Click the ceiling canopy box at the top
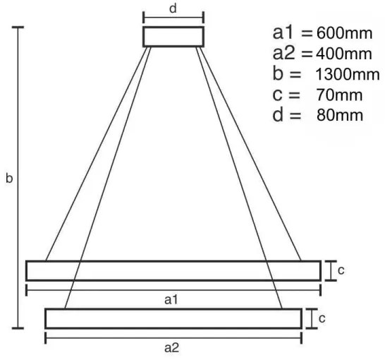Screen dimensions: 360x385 click(173, 37)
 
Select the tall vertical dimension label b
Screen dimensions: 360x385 click(8, 179)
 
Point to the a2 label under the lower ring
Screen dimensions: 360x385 click(171, 347)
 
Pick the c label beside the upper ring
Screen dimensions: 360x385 click(341, 270)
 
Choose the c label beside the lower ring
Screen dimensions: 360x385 click(322, 318)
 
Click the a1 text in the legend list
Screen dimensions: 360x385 click(283, 32)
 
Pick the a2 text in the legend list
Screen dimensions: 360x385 click(283, 53)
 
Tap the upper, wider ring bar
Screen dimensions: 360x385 click(173, 271)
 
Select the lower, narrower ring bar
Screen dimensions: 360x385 click(173, 319)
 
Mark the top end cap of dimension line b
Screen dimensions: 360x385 click(18, 28)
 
